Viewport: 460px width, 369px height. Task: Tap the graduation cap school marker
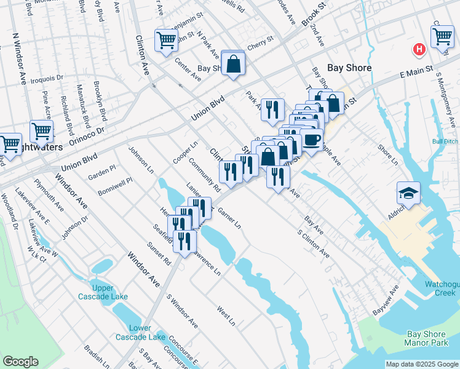pos(408,193)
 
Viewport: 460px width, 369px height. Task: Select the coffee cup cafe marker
pos(311,140)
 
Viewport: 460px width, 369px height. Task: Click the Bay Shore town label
pos(349,68)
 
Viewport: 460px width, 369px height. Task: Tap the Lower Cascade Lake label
pos(140,332)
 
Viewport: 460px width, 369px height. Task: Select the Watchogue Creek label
pos(441,288)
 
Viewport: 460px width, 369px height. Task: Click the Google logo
pos(20,362)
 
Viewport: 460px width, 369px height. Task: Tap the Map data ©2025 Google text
pos(421,364)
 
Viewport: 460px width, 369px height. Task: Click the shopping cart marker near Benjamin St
pos(166,41)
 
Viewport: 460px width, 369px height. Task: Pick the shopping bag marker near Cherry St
pos(234,65)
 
